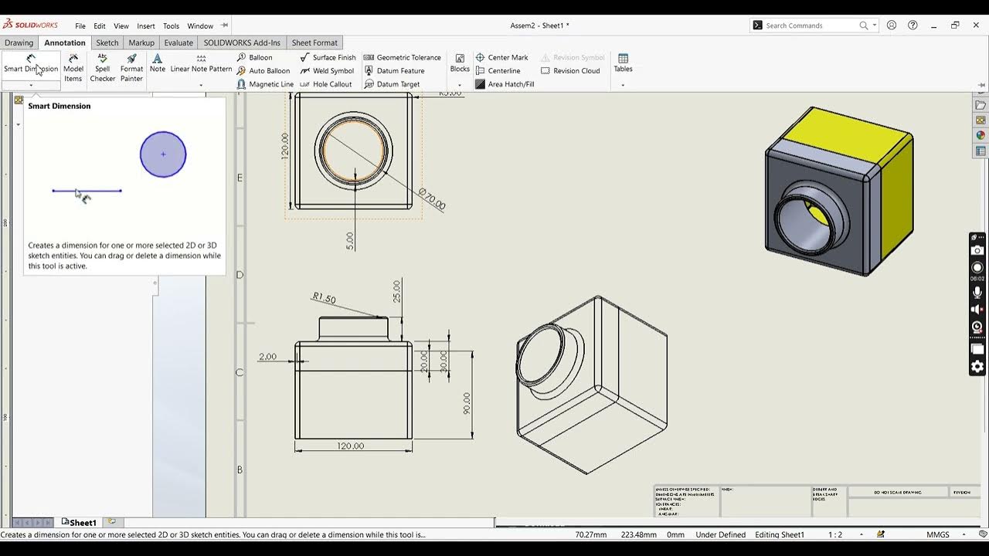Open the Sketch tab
pos(107,42)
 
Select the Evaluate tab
pos(178,42)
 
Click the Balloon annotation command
pos(260,57)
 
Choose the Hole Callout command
pos(331,84)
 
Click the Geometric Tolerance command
pos(408,57)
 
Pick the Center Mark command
pos(508,57)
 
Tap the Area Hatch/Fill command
pos(510,84)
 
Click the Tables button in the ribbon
pos(623,63)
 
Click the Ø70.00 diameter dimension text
pos(432,199)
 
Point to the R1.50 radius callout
pos(324,298)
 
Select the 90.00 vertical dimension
pos(467,402)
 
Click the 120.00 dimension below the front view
pos(351,446)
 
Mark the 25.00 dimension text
pos(397,291)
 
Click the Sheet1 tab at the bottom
pos(82,523)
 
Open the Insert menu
pos(146,25)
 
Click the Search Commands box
pos(811,25)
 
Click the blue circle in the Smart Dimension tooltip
pos(163,154)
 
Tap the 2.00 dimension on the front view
pos(267,357)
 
